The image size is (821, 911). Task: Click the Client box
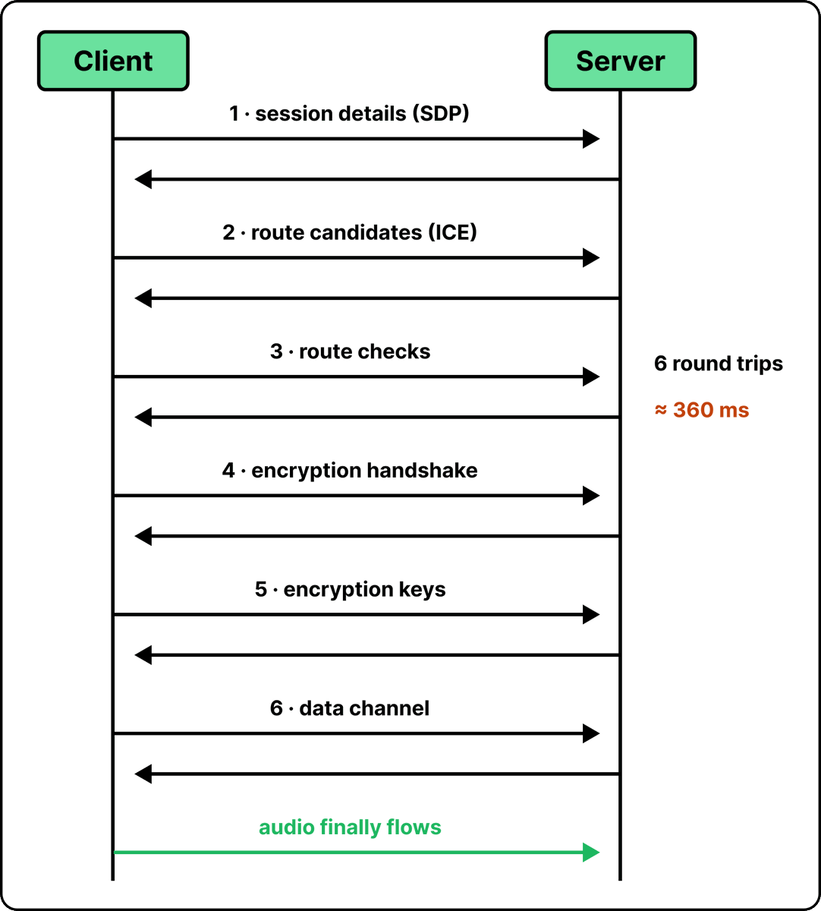pos(113,61)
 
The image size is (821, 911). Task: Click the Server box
pos(620,61)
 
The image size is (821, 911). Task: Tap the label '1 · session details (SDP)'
pos(349,114)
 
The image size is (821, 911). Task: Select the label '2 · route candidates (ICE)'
pos(350,232)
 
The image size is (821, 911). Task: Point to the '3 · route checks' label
pos(350,351)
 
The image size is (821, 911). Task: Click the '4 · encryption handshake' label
pos(350,471)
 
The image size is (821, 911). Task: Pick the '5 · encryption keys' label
pos(350,589)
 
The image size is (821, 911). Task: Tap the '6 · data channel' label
pos(350,708)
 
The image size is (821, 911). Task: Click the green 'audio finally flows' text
pos(350,827)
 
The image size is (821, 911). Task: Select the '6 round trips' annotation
pos(719,364)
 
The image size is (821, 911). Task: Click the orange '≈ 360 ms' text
pos(702,410)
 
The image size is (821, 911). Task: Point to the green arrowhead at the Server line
pos(591,853)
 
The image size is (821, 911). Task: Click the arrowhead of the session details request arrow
pos(591,139)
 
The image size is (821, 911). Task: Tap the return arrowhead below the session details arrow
pos(143,179)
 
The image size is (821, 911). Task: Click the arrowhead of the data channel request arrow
pos(591,733)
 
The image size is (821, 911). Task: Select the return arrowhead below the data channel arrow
pos(143,774)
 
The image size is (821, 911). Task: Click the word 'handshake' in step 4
pos(422,471)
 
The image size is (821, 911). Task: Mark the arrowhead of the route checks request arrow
pos(591,377)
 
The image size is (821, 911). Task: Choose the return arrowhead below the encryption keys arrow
pos(143,655)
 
